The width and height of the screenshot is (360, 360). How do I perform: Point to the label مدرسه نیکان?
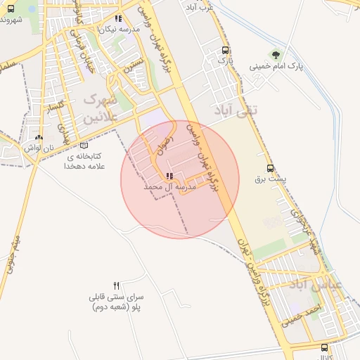(x=116, y=30)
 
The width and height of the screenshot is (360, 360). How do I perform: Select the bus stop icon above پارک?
(x=225, y=50)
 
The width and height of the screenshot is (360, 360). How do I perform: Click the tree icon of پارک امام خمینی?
(x=276, y=55)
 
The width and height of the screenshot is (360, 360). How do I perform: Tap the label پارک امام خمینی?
(x=276, y=67)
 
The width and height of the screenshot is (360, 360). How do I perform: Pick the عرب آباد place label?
(x=200, y=6)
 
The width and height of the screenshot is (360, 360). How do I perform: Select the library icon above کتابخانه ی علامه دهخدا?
(x=84, y=145)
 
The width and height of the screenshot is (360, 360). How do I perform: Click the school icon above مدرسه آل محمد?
(x=169, y=176)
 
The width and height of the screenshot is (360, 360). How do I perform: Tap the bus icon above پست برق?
(x=271, y=168)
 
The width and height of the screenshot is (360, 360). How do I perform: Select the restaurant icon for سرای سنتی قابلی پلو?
(x=117, y=285)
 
